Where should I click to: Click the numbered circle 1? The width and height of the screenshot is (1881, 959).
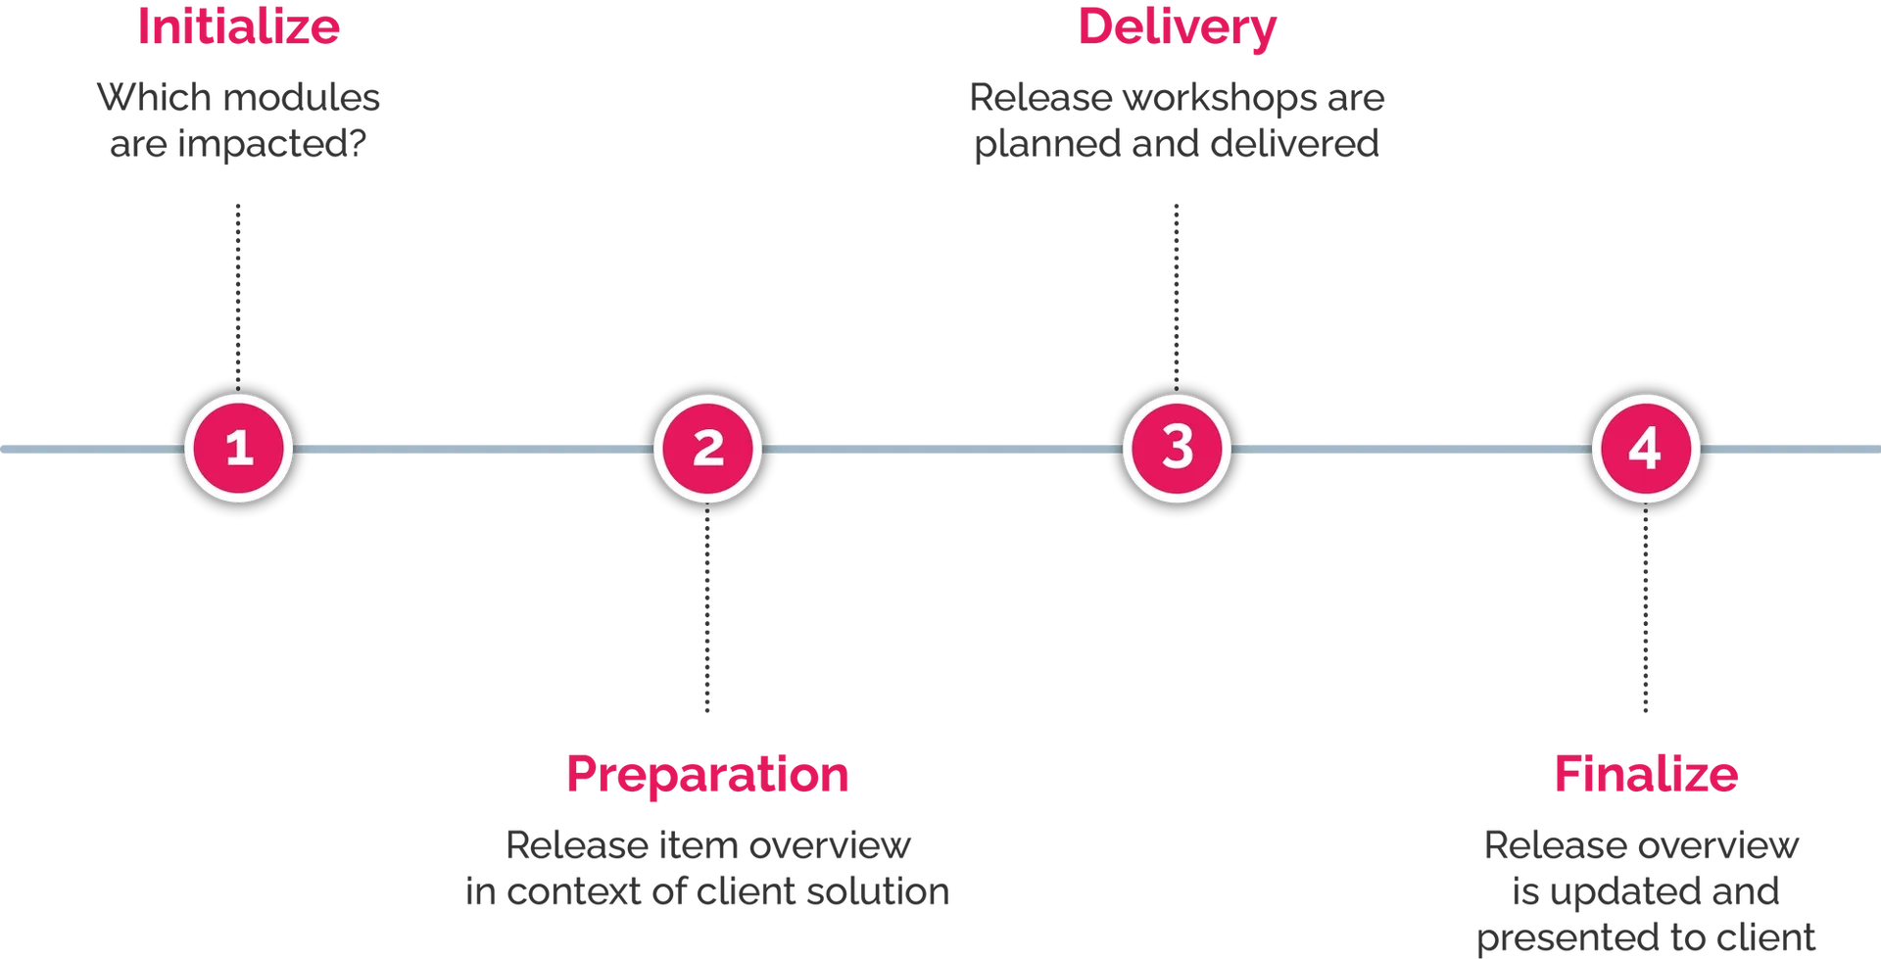[239, 449]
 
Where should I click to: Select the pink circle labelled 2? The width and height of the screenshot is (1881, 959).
[707, 449]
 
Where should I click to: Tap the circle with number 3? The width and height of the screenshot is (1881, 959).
[1177, 449]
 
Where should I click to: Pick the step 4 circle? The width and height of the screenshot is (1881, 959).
[1646, 449]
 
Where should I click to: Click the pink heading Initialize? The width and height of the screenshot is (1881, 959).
[238, 25]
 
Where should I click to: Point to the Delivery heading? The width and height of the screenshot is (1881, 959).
[1177, 27]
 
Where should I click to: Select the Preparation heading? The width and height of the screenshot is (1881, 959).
[707, 777]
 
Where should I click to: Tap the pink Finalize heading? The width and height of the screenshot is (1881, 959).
[1645, 777]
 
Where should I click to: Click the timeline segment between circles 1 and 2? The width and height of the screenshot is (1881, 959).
[473, 450]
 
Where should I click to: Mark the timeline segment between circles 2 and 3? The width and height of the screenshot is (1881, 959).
[942, 450]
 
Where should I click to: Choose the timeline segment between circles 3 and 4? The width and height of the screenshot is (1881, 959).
[1412, 450]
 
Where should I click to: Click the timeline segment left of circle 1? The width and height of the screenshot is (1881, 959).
[88, 450]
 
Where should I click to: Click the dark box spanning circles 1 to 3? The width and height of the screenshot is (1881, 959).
[705, 287]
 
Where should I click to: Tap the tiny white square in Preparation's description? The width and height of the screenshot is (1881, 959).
[772, 896]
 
